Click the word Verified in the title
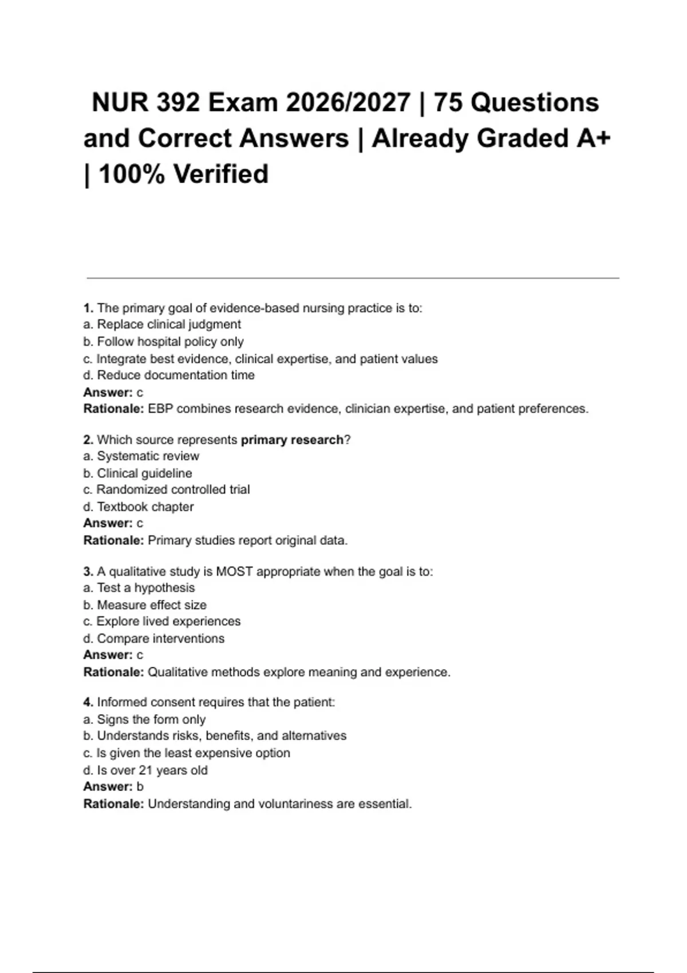point(220,174)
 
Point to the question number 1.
point(88,308)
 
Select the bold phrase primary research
point(292,440)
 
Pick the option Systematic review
point(148,456)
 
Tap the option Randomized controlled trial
point(172,489)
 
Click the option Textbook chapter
point(145,507)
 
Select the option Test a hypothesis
point(145,588)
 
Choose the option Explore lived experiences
point(168,621)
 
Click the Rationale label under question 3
point(113,672)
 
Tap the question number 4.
point(88,702)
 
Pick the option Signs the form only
point(151,719)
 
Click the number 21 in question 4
point(145,770)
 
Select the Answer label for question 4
point(108,786)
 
